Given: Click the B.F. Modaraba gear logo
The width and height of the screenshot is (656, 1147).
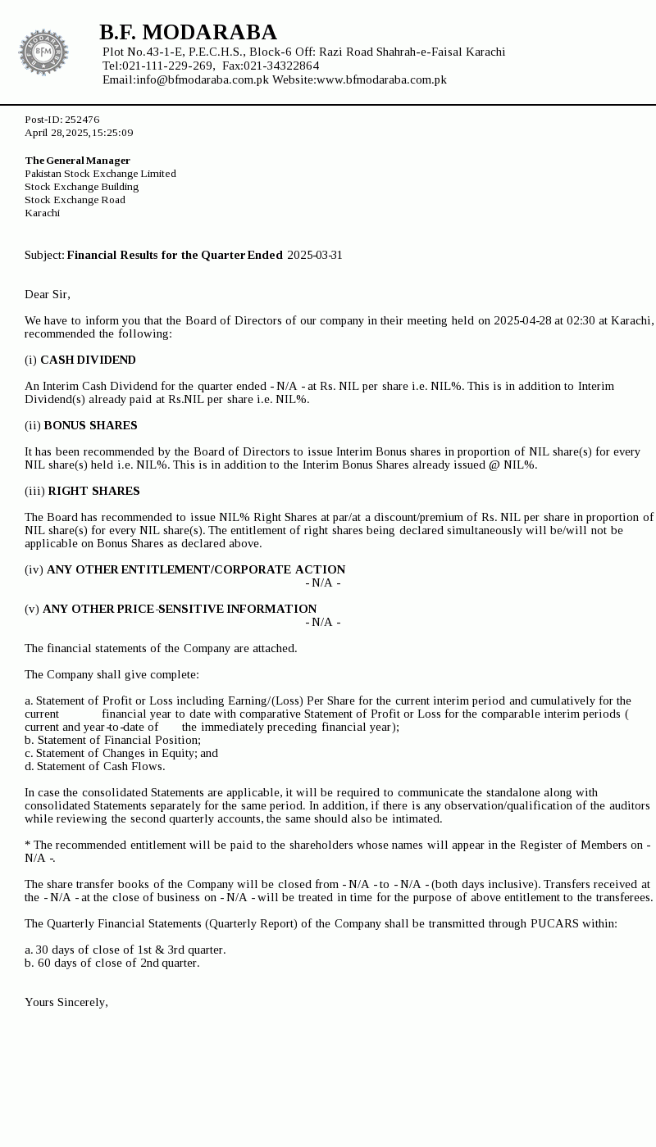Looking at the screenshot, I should pos(43,52).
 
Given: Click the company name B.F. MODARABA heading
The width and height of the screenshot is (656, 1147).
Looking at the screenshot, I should pos(188,32).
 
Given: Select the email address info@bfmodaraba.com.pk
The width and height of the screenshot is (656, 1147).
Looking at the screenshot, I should pos(203,79).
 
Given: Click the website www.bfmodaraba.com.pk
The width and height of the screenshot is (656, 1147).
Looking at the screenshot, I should pos(381,79).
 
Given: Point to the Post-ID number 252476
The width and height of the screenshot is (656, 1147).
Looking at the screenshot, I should pos(82,120).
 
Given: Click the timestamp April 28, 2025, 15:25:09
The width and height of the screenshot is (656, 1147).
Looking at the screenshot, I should pos(79,133).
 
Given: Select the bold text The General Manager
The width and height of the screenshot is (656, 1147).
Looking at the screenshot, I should pos(77,161).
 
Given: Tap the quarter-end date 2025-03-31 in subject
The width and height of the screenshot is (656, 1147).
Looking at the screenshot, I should pos(315,255).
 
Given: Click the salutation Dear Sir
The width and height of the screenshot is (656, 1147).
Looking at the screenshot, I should pos(48,294).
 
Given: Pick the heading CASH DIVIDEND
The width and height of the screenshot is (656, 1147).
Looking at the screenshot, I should pos(88,360).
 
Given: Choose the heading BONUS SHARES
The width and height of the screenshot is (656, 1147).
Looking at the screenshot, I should pos(90,425).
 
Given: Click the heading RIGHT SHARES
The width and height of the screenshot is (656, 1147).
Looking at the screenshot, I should pos(93,491).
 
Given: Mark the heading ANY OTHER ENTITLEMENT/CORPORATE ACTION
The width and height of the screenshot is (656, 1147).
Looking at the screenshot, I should pos(196,569).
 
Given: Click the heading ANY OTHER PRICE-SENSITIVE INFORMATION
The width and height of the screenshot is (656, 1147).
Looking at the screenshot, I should pos(180,609).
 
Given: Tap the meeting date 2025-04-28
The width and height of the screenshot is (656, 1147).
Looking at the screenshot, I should pos(522,320).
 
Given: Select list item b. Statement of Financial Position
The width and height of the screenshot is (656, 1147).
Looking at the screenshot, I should pos(112,740).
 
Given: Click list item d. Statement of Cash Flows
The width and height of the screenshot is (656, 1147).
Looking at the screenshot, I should pos(94,766).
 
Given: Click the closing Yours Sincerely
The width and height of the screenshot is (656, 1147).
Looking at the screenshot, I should pos(66,1002).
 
